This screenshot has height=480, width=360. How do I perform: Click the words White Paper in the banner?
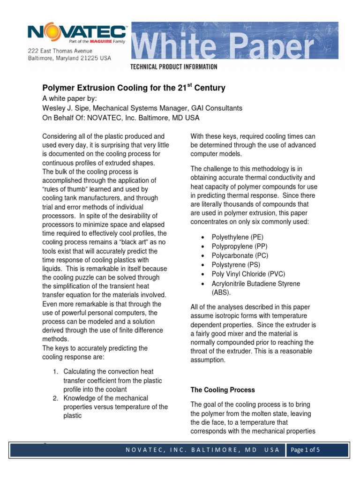(224, 47)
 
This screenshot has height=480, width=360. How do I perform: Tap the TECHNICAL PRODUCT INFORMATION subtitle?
(173, 67)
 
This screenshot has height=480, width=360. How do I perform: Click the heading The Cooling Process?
(223, 390)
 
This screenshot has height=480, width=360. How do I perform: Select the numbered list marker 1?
(55, 372)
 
